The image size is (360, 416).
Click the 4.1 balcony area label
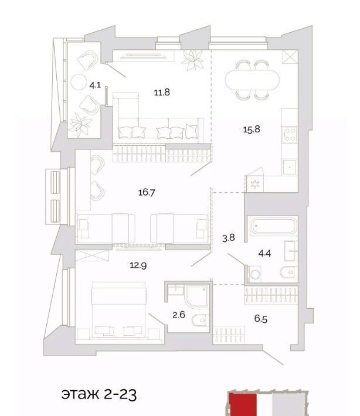[x=95, y=86]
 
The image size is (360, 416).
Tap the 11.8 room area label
[x=162, y=93]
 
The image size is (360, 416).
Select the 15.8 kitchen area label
[x=252, y=129]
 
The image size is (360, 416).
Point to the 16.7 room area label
[x=147, y=192]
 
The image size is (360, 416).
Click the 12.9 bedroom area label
[x=138, y=265]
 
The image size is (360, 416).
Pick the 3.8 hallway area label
[x=228, y=238]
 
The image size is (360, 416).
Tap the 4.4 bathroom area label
[x=264, y=253]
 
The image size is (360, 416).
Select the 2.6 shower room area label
[x=179, y=315]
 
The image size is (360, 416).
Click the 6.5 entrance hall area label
[x=261, y=319]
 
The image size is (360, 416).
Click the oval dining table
[x=252, y=80]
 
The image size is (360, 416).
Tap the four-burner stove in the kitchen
[x=290, y=135]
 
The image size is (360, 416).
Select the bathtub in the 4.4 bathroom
[x=273, y=226]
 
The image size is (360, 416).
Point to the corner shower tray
[x=197, y=296]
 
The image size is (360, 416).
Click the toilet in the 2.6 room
[x=201, y=320]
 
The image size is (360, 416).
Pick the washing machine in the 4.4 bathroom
[x=254, y=274]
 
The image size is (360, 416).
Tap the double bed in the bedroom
[x=118, y=310]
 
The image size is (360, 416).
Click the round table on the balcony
[x=79, y=81]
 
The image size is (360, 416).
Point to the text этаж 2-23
[x=99, y=394]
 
